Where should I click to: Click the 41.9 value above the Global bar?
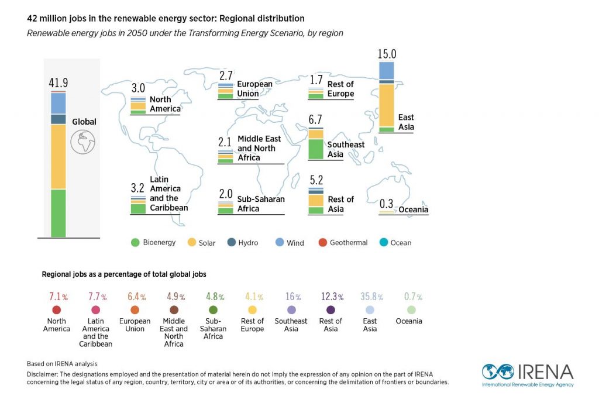click(58, 83)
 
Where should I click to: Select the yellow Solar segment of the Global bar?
click(58, 156)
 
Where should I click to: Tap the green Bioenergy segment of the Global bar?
click(58, 213)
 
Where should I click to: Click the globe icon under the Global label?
click(83, 141)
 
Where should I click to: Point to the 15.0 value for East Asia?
click(387, 54)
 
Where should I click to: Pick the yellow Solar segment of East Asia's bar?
click(387, 105)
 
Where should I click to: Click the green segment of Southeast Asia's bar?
click(316, 149)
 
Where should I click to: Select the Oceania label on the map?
click(414, 209)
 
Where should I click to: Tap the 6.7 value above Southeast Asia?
click(315, 120)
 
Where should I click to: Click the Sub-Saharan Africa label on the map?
click(261, 204)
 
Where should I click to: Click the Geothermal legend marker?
click(322, 242)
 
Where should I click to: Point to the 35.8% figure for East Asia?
click(370, 297)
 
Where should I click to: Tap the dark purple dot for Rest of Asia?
click(331, 310)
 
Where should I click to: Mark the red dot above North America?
click(57, 310)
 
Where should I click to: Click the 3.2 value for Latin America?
click(138, 188)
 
